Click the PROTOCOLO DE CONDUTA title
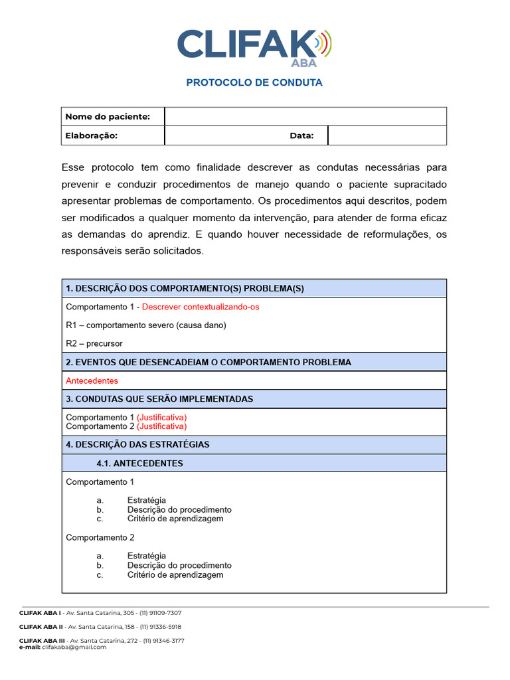point(254,83)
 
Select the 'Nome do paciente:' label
point(108,117)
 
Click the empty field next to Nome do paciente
point(305,117)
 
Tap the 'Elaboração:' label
point(92,135)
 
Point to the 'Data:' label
point(301,135)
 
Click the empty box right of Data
point(386,135)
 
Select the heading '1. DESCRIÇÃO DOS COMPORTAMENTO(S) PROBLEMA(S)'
point(185,288)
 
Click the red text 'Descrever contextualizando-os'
point(201,307)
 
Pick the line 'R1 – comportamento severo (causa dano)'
point(146,325)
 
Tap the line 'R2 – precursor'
point(94,344)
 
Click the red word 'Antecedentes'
point(92,381)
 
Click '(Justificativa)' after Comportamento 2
point(161,426)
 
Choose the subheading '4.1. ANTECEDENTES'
point(139,463)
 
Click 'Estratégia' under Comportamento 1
point(146,500)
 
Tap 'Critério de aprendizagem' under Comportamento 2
point(175,574)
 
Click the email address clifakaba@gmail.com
point(74,647)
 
